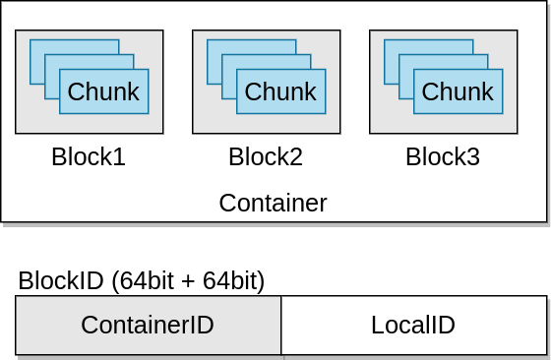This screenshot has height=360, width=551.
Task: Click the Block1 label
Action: pyautogui.click(x=89, y=157)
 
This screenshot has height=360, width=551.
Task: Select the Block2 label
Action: pyautogui.click(x=266, y=157)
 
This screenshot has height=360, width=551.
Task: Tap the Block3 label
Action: pyautogui.click(x=443, y=157)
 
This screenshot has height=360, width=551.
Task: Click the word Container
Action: pyautogui.click(x=273, y=203)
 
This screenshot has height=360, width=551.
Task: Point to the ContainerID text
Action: pyautogui.click(x=148, y=326)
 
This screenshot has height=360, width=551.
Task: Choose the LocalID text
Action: pyautogui.click(x=413, y=326)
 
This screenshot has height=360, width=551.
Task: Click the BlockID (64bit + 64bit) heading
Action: pyautogui.click(x=142, y=281)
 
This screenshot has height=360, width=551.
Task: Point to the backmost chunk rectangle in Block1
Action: pyautogui.click(x=74, y=46)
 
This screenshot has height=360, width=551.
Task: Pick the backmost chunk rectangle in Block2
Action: pyautogui.click(x=251, y=46)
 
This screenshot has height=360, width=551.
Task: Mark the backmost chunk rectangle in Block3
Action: pyautogui.click(x=428, y=46)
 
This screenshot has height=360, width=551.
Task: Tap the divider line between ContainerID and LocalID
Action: pyautogui.click(x=281, y=326)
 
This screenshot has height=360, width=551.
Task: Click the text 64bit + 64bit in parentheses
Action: pyautogui.click(x=189, y=281)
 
